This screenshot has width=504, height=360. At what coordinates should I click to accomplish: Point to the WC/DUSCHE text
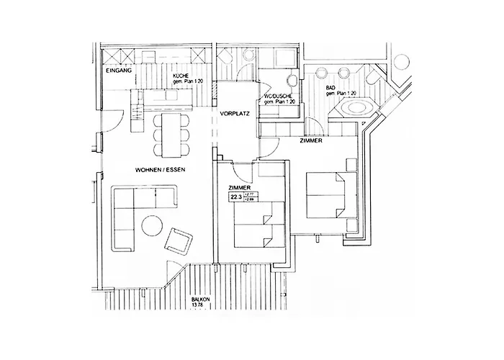pos(278,96)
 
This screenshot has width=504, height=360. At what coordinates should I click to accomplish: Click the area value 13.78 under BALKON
pos(199,305)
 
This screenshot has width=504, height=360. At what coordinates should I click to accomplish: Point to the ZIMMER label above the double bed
pos(310,142)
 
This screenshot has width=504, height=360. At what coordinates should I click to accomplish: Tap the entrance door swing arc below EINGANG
pos(108,120)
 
